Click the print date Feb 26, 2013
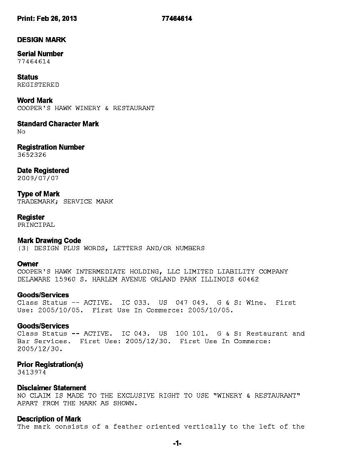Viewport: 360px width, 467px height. pyautogui.click(x=57, y=18)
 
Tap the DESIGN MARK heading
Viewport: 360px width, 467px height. pyautogui.click(x=41, y=40)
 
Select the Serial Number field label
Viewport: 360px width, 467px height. pyautogui.click(x=40, y=54)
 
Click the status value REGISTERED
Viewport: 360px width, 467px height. pyautogui.click(x=38, y=85)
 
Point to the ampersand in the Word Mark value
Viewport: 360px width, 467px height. pyautogui.click(x=107, y=108)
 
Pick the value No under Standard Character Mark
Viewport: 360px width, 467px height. pyautogui.click(x=21, y=131)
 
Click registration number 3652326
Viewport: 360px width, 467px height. pyautogui.click(x=32, y=155)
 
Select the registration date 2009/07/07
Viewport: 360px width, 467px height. pyautogui.click(x=38, y=178)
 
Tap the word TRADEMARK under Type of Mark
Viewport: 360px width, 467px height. pyautogui.click(x=36, y=201)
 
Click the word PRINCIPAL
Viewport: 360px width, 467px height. pyautogui.click(x=36, y=225)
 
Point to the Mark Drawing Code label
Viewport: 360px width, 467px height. pyautogui.click(x=49, y=241)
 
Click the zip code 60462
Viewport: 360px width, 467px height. pyautogui.click(x=248, y=279)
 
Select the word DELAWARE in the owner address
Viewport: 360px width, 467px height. pyautogui.click(x=34, y=279)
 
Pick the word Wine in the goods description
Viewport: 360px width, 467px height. pyautogui.click(x=254, y=303)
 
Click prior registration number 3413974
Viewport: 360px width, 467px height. pyautogui.click(x=32, y=372)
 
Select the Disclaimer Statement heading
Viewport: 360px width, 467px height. pyautogui.click(x=52, y=388)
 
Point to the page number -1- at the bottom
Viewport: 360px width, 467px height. pyautogui.click(x=177, y=444)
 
